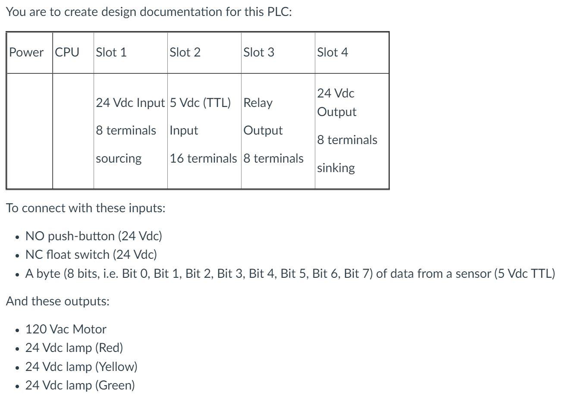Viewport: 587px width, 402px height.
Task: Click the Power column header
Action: coord(26,52)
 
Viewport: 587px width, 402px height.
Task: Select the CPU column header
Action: coord(67,52)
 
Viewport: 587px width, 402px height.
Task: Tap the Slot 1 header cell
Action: coord(111,52)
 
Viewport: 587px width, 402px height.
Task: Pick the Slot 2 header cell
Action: coord(185,52)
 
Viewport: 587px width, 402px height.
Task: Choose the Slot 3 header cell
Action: coord(259,52)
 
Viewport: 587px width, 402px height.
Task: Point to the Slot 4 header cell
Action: coord(333,52)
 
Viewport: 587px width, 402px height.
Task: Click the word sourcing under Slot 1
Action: coord(119,158)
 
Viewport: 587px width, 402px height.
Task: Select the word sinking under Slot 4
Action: coord(336,168)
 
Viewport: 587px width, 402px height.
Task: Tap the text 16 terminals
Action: coord(203,158)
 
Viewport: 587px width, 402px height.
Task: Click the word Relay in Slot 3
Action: coord(258,103)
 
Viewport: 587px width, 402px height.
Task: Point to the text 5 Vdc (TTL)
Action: coord(200,103)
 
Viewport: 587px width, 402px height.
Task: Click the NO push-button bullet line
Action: coord(94,236)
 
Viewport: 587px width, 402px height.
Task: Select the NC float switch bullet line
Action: coord(91,254)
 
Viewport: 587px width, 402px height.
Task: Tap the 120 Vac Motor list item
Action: coord(66,329)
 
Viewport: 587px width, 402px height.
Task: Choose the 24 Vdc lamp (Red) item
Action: coord(74,348)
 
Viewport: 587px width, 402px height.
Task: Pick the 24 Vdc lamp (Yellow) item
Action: coord(81,367)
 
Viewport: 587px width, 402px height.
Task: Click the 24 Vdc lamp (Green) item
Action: coord(80,385)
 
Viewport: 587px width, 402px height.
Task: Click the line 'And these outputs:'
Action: coord(58,301)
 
